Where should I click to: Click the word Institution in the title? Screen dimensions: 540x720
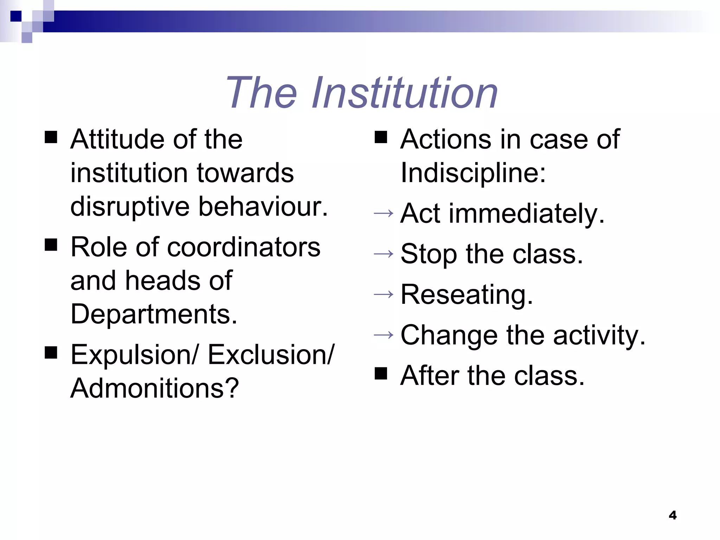[x=405, y=93]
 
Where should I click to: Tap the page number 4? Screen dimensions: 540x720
[x=673, y=515]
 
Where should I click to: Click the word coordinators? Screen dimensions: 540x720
[x=244, y=247]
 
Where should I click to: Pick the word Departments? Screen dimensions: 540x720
[x=154, y=314]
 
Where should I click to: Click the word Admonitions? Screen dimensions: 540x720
[x=155, y=388]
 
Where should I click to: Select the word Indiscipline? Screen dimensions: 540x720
[x=473, y=173]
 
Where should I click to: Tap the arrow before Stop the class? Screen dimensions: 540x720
[x=384, y=253]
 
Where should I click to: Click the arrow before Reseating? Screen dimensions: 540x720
[x=384, y=294]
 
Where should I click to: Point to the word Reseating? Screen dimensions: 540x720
[x=467, y=295]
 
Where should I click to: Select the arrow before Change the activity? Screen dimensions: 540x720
[x=384, y=335]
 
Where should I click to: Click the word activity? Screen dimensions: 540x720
[x=599, y=335]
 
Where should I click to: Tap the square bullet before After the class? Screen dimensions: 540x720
[x=381, y=374]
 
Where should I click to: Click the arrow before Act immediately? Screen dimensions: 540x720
[x=384, y=213]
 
